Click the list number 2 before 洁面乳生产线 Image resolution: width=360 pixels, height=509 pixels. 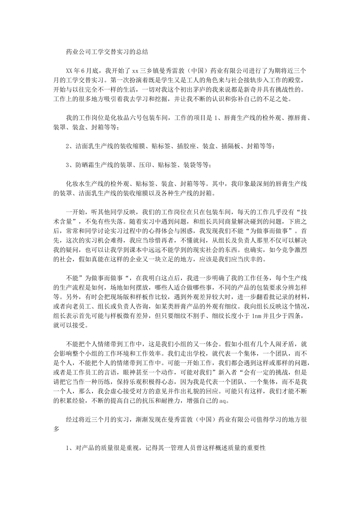coord(68,146)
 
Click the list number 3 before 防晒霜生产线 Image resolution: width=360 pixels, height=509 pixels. coord(68,165)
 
